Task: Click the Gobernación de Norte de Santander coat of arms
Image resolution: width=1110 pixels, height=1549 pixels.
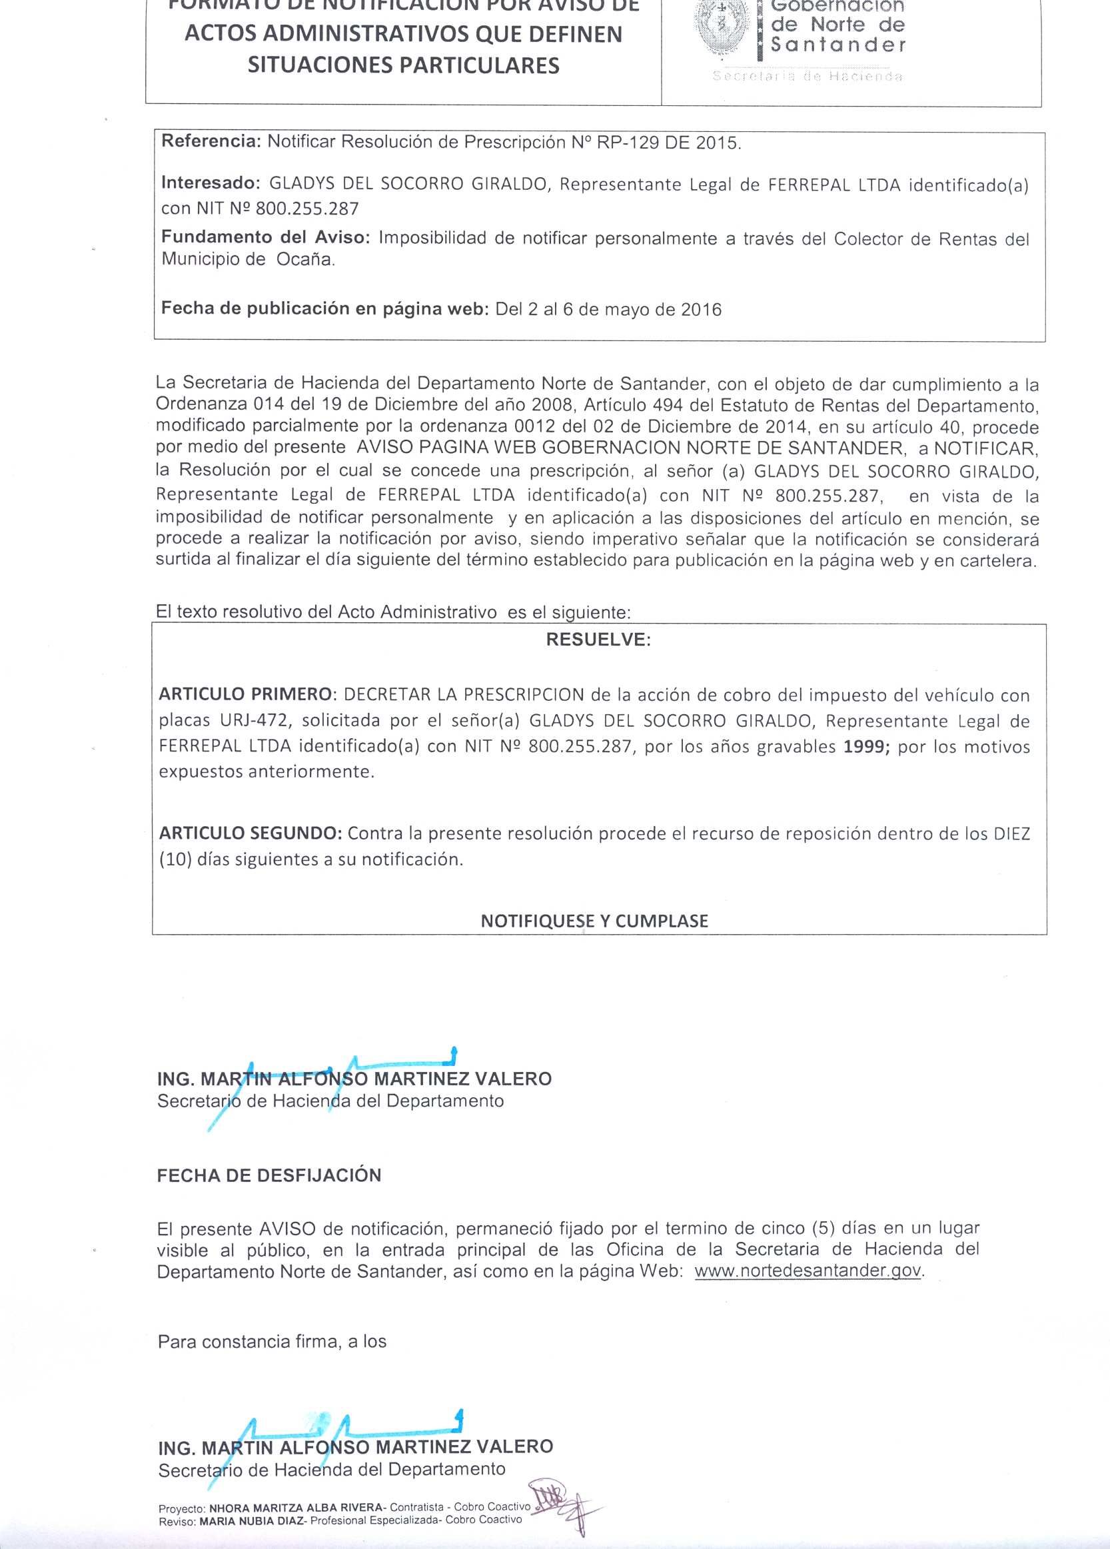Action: point(720,27)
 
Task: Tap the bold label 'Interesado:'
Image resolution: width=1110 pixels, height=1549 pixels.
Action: point(211,183)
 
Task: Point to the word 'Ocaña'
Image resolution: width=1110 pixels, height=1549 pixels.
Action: point(304,260)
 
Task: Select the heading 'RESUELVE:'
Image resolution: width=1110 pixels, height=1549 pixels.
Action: point(598,640)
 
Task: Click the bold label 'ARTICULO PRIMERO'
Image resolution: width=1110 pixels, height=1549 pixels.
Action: point(245,695)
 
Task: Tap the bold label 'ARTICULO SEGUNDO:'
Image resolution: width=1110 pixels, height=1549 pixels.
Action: point(251,833)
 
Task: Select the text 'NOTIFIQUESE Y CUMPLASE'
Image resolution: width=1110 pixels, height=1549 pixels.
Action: point(594,921)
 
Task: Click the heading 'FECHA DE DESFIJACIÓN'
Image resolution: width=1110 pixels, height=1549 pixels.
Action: point(269,1175)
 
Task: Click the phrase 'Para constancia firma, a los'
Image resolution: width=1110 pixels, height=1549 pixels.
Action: point(272,1342)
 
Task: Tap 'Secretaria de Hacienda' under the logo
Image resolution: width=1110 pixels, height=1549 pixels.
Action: point(808,77)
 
